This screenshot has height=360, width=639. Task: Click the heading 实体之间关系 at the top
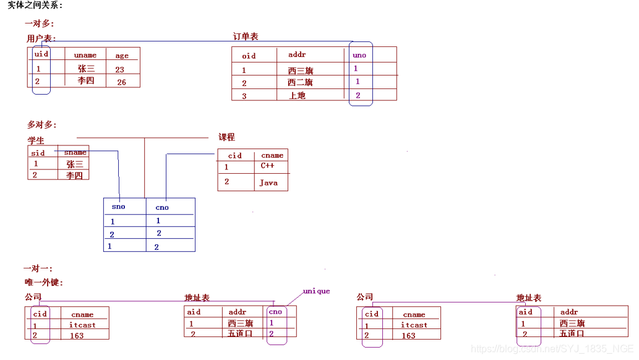point(35,6)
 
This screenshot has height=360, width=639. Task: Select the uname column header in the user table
point(85,55)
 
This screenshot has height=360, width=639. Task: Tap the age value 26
point(121,82)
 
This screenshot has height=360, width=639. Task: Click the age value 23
point(119,69)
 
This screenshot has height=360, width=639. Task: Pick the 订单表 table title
point(246,36)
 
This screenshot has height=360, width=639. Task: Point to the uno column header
point(359,55)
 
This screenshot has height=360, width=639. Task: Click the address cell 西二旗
point(301,82)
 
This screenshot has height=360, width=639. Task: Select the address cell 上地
point(298,95)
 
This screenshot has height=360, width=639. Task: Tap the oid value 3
point(244,96)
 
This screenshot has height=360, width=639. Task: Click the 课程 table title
point(226,137)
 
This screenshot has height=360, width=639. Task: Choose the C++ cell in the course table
point(267,166)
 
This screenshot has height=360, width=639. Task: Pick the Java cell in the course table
point(268,182)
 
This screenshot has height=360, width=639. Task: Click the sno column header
point(118,207)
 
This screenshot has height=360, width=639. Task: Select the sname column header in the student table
point(75,152)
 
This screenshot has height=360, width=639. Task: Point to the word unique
point(316,291)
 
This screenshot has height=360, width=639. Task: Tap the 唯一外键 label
point(43,282)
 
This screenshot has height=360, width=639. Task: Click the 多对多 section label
point(41,124)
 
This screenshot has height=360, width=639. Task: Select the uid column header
point(41,54)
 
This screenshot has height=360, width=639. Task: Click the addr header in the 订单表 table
point(297,54)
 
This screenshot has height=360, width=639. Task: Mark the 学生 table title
point(36,140)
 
